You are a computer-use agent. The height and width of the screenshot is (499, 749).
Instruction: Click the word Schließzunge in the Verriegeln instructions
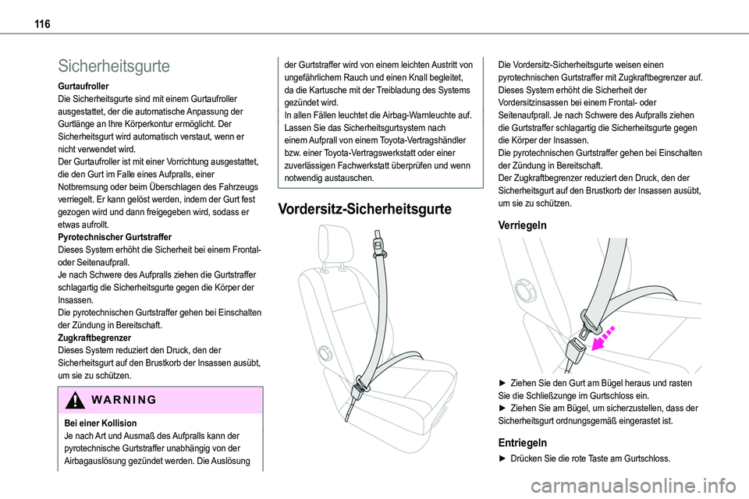pos(554,395)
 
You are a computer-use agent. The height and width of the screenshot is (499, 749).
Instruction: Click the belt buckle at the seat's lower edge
pos(360,388)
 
